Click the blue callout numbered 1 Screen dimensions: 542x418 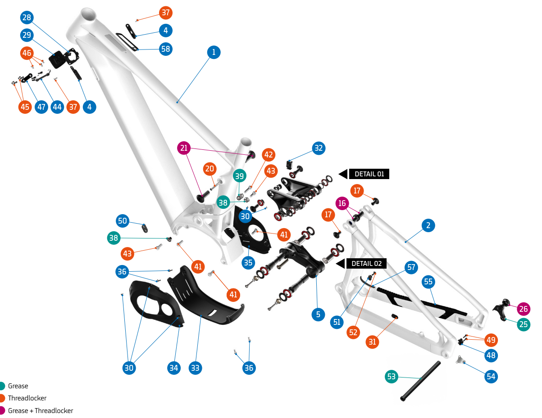[x=214, y=52]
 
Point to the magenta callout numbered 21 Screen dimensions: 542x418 [x=184, y=148]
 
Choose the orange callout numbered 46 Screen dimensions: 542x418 [x=27, y=53]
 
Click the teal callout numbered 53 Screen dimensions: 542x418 [x=392, y=377]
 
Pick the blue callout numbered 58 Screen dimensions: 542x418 [x=166, y=49]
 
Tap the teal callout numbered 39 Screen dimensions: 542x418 [x=239, y=176]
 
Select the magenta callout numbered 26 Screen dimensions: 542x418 [x=524, y=309]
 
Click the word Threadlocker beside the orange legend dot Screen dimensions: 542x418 [x=27, y=398]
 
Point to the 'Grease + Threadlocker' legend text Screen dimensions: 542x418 [x=41, y=410]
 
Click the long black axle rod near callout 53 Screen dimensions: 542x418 [x=420, y=381]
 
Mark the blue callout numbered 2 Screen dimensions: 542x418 [x=428, y=225]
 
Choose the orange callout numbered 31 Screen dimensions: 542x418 [x=373, y=342]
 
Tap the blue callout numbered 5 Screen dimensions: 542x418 [x=318, y=315]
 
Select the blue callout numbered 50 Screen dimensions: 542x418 [x=123, y=221]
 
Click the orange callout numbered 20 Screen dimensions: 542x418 [x=210, y=169]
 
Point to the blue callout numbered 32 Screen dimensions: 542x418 [x=319, y=148]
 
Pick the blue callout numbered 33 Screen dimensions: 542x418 [x=195, y=368]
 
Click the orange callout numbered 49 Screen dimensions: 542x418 [x=491, y=340]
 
